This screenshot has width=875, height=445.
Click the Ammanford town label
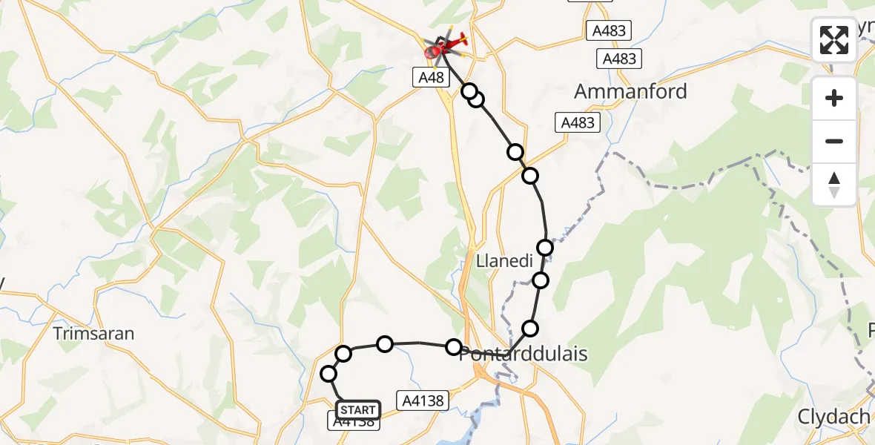coord(631,92)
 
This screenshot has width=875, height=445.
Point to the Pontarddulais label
coord(524,355)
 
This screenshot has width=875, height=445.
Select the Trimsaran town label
coord(93,333)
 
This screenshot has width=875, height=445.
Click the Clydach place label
coord(833,417)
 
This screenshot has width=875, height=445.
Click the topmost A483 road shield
coord(609,31)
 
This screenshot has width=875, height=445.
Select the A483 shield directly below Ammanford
coord(578,122)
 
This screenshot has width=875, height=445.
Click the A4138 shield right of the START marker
coord(423,401)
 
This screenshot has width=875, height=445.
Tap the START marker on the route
coord(359,410)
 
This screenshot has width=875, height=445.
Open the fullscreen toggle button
coord(834,40)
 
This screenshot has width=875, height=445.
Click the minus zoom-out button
coord(834,141)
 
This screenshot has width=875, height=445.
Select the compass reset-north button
coord(834,184)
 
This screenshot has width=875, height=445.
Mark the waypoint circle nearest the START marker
coord(328,374)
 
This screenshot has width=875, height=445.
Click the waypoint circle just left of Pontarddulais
coord(454,346)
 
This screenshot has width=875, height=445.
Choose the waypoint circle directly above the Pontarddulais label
coord(530,328)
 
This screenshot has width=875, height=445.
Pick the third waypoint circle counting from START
coord(385,343)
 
